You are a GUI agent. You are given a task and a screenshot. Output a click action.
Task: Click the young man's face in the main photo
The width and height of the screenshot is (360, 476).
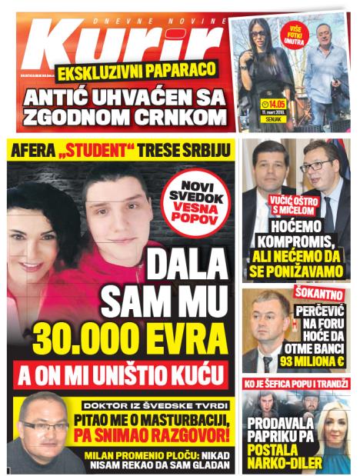(115, 208)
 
